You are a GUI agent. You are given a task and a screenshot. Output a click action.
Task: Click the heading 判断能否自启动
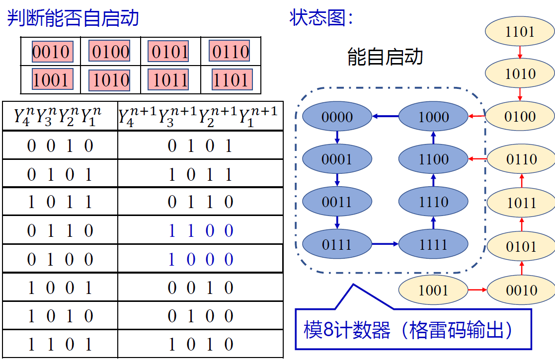click(x=73, y=18)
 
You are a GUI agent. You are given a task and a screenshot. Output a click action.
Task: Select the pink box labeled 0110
click(x=230, y=51)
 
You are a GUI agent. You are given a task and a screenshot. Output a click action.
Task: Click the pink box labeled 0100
click(x=110, y=51)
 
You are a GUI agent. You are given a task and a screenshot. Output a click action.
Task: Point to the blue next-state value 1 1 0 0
click(x=201, y=231)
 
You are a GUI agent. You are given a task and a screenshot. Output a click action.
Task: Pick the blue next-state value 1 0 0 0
click(x=201, y=260)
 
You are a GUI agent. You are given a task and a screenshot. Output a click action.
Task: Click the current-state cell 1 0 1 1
click(x=60, y=202)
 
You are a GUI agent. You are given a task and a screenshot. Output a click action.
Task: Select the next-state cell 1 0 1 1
click(x=201, y=174)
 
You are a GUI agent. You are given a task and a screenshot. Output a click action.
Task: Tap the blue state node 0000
click(x=337, y=117)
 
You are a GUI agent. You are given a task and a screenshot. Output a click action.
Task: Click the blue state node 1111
click(x=433, y=244)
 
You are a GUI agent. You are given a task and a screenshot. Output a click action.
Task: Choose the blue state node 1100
click(x=433, y=159)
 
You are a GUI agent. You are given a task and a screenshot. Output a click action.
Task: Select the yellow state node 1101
click(x=520, y=32)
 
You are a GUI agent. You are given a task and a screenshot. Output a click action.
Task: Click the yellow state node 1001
click(x=433, y=290)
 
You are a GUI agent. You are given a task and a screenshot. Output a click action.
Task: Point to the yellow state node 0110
click(x=521, y=159)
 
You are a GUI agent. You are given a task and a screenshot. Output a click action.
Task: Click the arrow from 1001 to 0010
click(x=477, y=290)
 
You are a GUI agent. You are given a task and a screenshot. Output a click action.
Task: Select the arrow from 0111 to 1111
click(x=385, y=244)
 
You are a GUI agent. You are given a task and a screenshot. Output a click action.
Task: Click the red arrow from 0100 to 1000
click(x=476, y=117)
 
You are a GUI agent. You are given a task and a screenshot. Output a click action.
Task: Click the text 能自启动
click(x=385, y=57)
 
